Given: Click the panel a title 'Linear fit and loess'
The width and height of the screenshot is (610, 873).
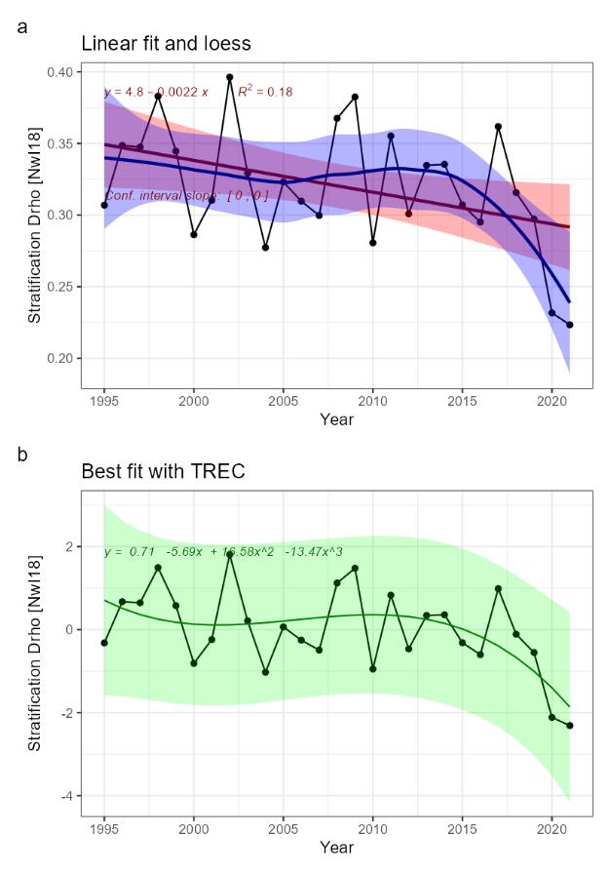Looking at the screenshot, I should coord(166,44).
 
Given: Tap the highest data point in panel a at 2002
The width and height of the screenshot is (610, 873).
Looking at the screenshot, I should coord(230,77).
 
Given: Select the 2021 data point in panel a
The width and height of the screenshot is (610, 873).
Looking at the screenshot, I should coord(570,325).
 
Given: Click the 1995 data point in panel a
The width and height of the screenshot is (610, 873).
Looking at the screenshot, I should coord(104,205).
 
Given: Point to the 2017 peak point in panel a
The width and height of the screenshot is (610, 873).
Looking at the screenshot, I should coord(498,127).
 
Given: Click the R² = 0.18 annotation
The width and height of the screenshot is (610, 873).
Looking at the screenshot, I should coord(266,92).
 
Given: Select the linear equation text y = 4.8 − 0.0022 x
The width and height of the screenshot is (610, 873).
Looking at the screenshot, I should coord(157,93).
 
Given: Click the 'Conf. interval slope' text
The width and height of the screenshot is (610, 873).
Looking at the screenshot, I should coord(185,195).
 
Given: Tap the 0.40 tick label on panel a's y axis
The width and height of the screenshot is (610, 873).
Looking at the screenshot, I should coord(57,72).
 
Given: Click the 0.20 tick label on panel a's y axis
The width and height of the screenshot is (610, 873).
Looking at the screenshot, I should coord(57,358).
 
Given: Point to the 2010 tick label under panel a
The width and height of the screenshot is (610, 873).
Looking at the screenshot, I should coord(372,401).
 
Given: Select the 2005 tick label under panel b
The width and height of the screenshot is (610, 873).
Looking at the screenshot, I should coord(284,829).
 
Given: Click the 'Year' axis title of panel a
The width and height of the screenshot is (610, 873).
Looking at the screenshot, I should coord(336,420).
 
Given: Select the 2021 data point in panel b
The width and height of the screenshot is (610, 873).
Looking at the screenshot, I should coord(570,726).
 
